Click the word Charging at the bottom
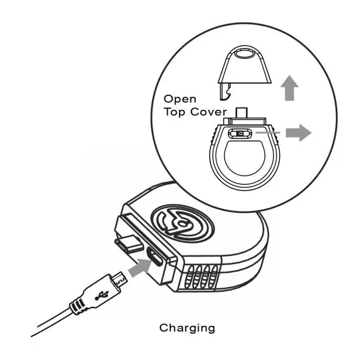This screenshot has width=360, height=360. point(187,328)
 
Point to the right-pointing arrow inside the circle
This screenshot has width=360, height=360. point(297,133)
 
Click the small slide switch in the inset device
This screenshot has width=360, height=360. point(240,134)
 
